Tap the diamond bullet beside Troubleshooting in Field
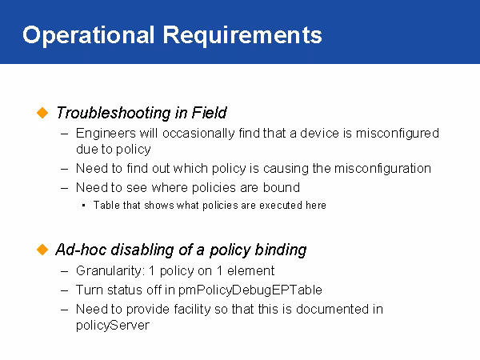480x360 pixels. pos(43,112)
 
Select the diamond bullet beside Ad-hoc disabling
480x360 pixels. pos(43,250)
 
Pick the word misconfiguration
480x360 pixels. pos(382,168)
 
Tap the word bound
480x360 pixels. pos(284,187)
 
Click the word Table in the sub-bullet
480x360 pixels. pos(106,206)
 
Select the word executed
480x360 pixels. pos(277,206)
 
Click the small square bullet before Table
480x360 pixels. pos(84,206)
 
